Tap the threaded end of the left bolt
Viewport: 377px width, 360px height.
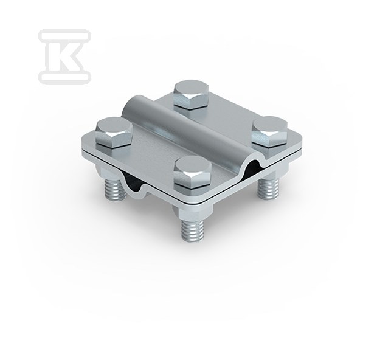(x=116, y=182)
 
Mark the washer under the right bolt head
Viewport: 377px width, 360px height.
(x=270, y=139)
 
